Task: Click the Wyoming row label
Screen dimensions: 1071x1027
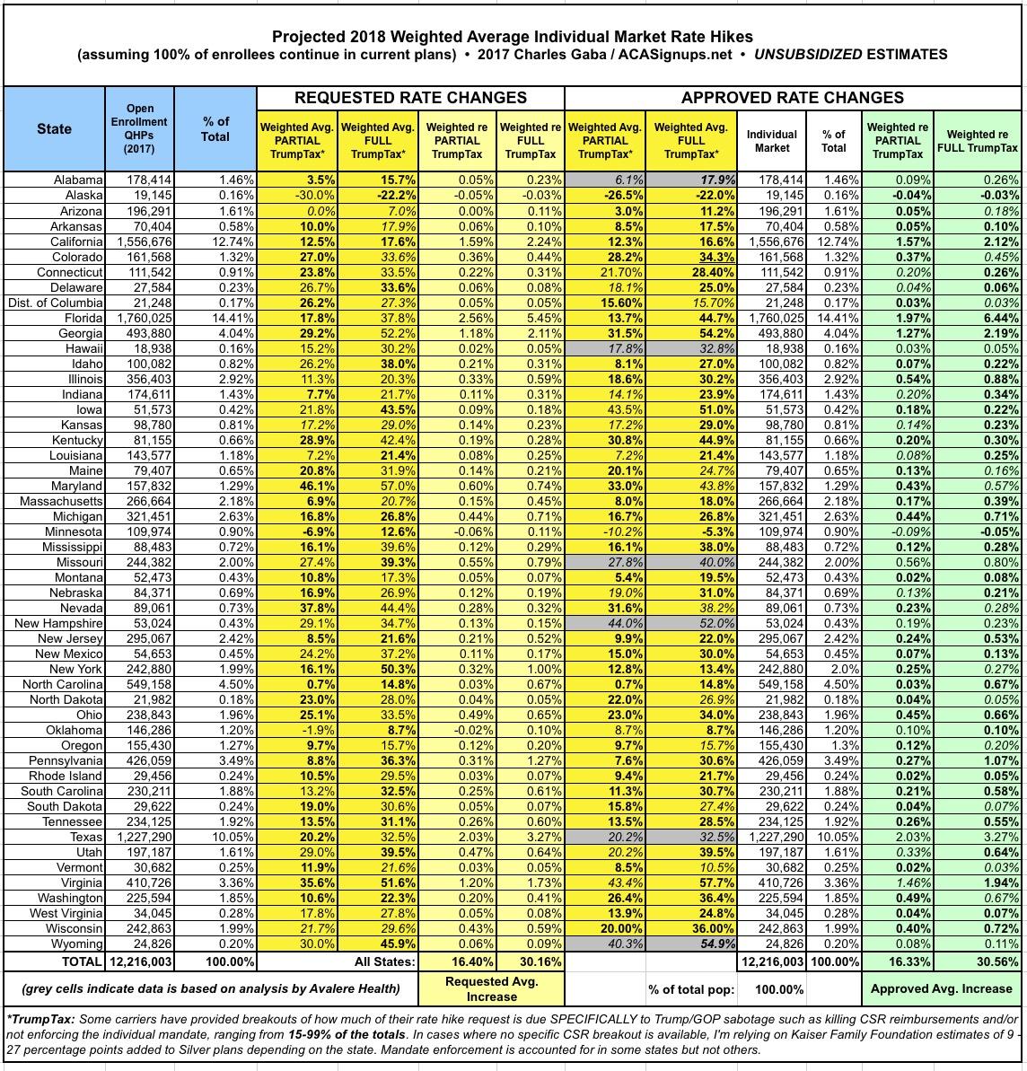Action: [x=79, y=944]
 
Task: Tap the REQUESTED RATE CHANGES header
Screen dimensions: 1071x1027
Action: [x=410, y=98]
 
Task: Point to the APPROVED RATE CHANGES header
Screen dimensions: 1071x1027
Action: [x=792, y=98]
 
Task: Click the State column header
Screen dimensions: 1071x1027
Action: [x=54, y=128]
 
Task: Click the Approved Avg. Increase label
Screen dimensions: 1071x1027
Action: [x=941, y=989]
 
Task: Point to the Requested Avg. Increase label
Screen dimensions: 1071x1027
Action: [x=491, y=989]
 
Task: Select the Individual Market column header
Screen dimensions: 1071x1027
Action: [x=771, y=141]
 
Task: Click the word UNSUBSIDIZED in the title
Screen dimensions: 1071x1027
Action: [x=805, y=55]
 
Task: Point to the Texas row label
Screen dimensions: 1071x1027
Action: [x=86, y=838]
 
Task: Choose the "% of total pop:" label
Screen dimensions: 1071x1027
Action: [x=691, y=989]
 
